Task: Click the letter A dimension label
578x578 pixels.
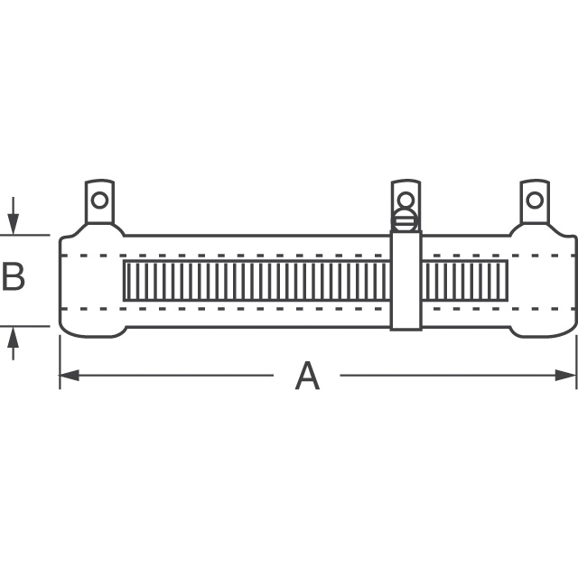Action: click(307, 376)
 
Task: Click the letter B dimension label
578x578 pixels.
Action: click(14, 277)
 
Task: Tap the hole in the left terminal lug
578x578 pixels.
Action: click(99, 200)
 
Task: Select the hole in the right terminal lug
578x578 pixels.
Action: click(535, 200)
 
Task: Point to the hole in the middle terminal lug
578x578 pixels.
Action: click(406, 200)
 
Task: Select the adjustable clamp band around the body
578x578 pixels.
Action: click(406, 289)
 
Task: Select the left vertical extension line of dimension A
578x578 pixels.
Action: click(60, 361)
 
